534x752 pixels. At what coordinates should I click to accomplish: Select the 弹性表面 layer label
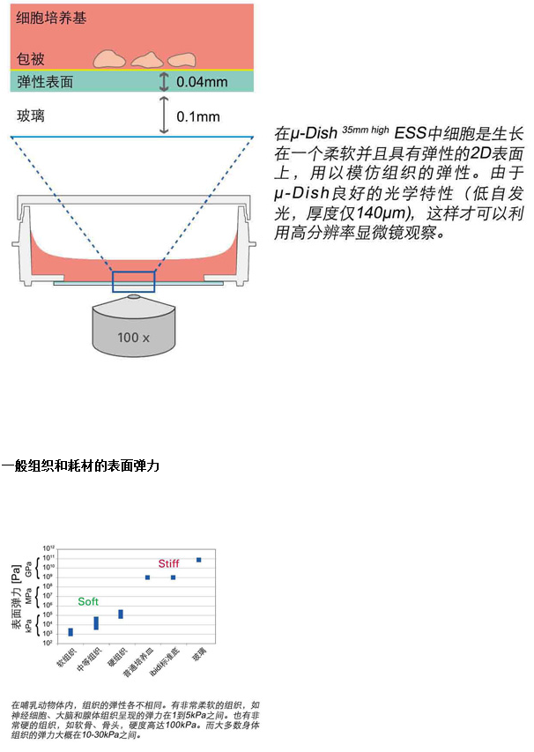(x=44, y=82)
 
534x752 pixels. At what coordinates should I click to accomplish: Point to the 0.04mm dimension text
(x=202, y=82)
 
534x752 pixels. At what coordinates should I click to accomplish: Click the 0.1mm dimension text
(x=199, y=116)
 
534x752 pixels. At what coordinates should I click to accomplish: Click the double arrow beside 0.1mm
(x=163, y=115)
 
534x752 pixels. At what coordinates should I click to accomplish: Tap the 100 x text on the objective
(x=133, y=337)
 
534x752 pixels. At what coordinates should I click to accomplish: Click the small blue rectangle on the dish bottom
(x=133, y=282)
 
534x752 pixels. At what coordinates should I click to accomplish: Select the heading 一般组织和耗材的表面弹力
(x=80, y=465)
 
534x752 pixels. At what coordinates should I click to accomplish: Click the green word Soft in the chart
(x=88, y=601)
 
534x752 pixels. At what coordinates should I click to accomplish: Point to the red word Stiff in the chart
(x=168, y=563)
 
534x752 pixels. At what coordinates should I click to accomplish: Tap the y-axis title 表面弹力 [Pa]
(x=17, y=600)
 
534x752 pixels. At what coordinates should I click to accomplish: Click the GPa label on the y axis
(x=29, y=569)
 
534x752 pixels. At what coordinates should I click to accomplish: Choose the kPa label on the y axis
(x=29, y=627)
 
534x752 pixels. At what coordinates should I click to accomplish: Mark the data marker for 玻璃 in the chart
(x=199, y=559)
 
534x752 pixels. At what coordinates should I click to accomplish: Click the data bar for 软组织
(x=70, y=631)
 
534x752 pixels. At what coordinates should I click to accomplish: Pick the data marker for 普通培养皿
(x=147, y=577)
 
